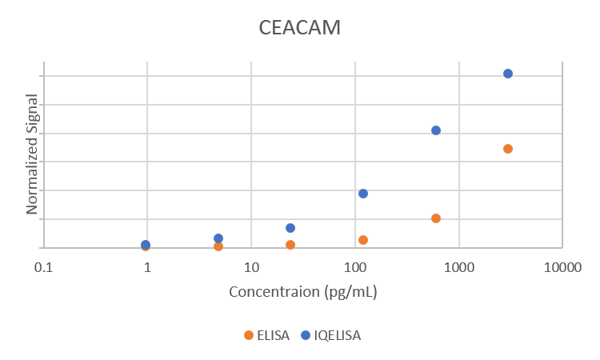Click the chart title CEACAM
pos(300,27)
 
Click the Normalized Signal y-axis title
pos(32,154)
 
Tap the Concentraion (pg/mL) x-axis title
pos(303,291)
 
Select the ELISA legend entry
pos(267,335)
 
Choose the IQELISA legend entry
pos(330,335)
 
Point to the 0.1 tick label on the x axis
pos(43,266)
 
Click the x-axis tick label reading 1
pos(147,266)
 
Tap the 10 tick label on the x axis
pos(251,266)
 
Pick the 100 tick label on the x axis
pos(355,266)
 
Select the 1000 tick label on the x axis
pos(458,266)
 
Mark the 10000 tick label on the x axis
pos(562,266)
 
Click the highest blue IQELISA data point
pos(508,74)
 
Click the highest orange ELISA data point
pos(508,149)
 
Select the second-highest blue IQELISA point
pos(436,130)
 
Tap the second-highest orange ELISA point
pos(436,218)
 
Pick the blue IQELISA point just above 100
pos(363,194)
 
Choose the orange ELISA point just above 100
pos(363,240)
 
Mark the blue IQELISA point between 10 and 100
pos(290,228)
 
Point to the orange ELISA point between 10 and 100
pos(290,245)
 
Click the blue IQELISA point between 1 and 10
pos(218,238)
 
